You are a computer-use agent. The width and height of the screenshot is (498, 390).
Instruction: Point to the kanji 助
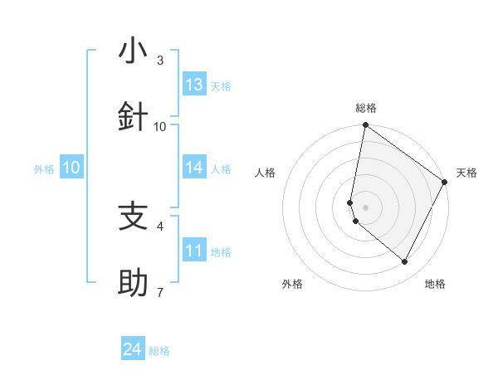tap(133, 283)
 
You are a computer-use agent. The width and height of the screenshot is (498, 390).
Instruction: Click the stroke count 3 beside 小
tap(160, 61)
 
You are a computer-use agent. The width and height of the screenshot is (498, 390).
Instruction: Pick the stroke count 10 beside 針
tap(160, 126)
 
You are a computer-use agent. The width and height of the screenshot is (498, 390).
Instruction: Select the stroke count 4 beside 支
tap(160, 226)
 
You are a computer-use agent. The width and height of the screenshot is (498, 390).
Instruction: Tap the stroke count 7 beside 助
tap(160, 292)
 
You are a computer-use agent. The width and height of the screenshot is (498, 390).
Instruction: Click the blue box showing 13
tap(194, 85)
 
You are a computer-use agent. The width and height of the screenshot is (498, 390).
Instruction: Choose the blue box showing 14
tap(194, 168)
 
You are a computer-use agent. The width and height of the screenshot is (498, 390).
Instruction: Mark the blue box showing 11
tap(194, 251)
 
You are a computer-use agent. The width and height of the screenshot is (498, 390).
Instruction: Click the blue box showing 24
tap(133, 350)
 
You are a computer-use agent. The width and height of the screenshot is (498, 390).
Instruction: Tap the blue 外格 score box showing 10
tap(71, 168)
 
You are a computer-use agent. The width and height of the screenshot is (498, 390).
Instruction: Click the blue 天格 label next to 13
tap(221, 86)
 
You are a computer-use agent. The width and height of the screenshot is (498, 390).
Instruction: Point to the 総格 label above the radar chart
tap(366, 108)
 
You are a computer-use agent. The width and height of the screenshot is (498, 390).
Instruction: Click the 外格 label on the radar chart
tap(292, 284)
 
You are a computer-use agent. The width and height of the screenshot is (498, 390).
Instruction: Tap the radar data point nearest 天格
tap(445, 183)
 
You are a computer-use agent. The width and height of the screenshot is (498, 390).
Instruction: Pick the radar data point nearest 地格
tap(405, 262)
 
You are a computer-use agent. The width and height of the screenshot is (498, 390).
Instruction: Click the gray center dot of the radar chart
tap(366, 207)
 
